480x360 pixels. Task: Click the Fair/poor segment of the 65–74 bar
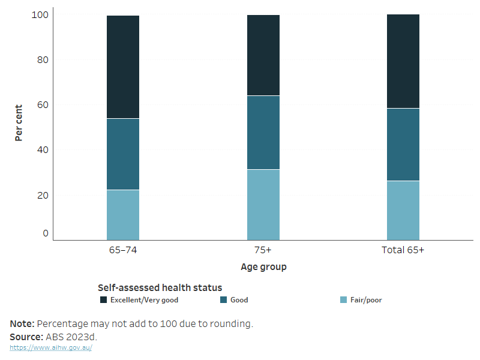(x=123, y=215)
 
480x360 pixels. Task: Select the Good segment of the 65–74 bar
(x=123, y=154)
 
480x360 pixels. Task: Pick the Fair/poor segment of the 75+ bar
(x=263, y=205)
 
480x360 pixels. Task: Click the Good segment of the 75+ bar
(x=263, y=133)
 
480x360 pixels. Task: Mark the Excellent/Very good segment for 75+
(x=263, y=55)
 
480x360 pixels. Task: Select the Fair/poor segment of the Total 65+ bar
(x=403, y=210)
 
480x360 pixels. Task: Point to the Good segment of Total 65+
(x=403, y=145)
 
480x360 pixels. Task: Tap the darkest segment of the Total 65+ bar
(x=403, y=61)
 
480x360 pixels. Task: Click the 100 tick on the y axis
(x=40, y=14)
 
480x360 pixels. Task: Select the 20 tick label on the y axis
(x=42, y=195)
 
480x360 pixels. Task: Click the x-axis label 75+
(x=263, y=250)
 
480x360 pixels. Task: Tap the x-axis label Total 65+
(x=403, y=250)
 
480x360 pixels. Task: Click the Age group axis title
(x=263, y=267)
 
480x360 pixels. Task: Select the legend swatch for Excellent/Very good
(x=103, y=300)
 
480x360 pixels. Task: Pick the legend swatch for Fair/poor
(x=343, y=300)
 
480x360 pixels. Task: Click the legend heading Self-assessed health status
(x=160, y=288)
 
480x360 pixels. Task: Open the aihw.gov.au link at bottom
(x=51, y=347)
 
